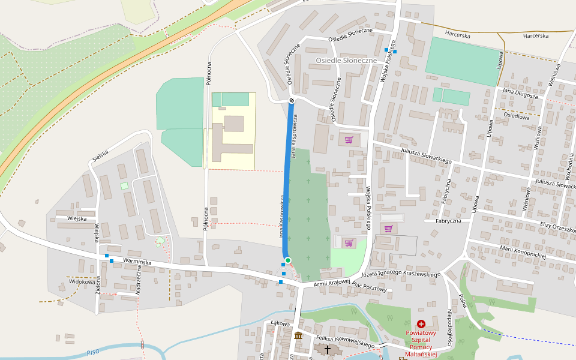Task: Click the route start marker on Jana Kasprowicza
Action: (292, 100)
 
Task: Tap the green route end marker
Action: (288, 260)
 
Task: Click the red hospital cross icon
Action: (421, 323)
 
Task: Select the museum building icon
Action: (298, 335)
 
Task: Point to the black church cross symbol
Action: (328, 349)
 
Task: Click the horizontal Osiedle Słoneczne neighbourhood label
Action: (346, 61)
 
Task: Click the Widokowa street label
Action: (82, 281)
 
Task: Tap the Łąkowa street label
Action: (280, 323)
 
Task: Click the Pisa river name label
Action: (92, 352)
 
